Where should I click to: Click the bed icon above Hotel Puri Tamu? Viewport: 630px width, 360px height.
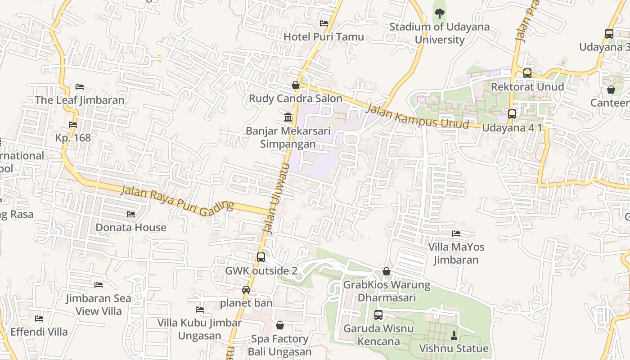click(324, 23)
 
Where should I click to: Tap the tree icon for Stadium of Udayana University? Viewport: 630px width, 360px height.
click(439, 13)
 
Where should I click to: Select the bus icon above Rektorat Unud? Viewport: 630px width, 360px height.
click(527, 73)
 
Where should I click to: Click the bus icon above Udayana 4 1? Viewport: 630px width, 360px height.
click(512, 114)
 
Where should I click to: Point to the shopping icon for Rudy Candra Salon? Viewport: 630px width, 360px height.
click(296, 85)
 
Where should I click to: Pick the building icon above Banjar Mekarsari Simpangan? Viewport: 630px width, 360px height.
click(288, 117)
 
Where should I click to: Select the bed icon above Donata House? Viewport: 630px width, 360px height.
click(131, 214)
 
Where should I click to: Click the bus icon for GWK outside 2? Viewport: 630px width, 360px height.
click(261, 257)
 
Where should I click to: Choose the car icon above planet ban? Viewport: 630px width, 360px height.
click(246, 290)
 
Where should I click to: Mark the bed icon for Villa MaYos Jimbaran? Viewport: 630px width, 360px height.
click(456, 234)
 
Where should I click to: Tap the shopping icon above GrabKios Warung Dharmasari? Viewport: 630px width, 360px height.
click(387, 271)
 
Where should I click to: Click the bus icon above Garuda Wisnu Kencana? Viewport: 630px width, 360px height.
click(378, 315)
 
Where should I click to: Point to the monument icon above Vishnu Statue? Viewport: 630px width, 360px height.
click(454, 335)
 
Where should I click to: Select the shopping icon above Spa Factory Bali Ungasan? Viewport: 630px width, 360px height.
click(280, 325)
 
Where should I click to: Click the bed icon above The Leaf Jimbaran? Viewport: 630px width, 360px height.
click(80, 86)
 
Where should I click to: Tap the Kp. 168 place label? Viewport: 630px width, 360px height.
click(73, 138)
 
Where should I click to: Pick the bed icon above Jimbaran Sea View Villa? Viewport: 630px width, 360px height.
click(99, 285)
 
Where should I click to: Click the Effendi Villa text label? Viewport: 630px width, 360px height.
click(39, 332)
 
